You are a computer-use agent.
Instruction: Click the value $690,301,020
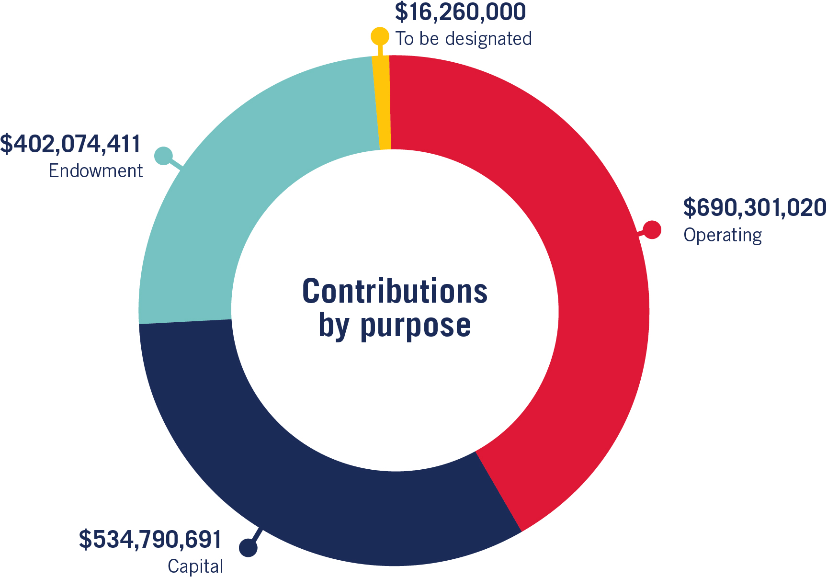754,208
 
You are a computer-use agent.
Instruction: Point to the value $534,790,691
150,540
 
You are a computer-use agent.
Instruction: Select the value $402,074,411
71,145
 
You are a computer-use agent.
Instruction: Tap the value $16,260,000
460,13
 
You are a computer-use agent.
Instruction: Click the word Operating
722,236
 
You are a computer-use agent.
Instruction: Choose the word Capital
195,566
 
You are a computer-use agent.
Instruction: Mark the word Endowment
96,171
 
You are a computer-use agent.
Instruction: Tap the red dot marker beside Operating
652,230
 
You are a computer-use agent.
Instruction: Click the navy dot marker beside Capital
248,548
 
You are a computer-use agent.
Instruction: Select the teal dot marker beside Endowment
164,156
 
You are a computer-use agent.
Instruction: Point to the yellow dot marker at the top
380,36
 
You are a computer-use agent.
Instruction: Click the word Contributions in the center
395,291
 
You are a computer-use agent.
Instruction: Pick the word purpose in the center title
416,327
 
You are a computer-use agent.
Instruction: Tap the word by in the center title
334,327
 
